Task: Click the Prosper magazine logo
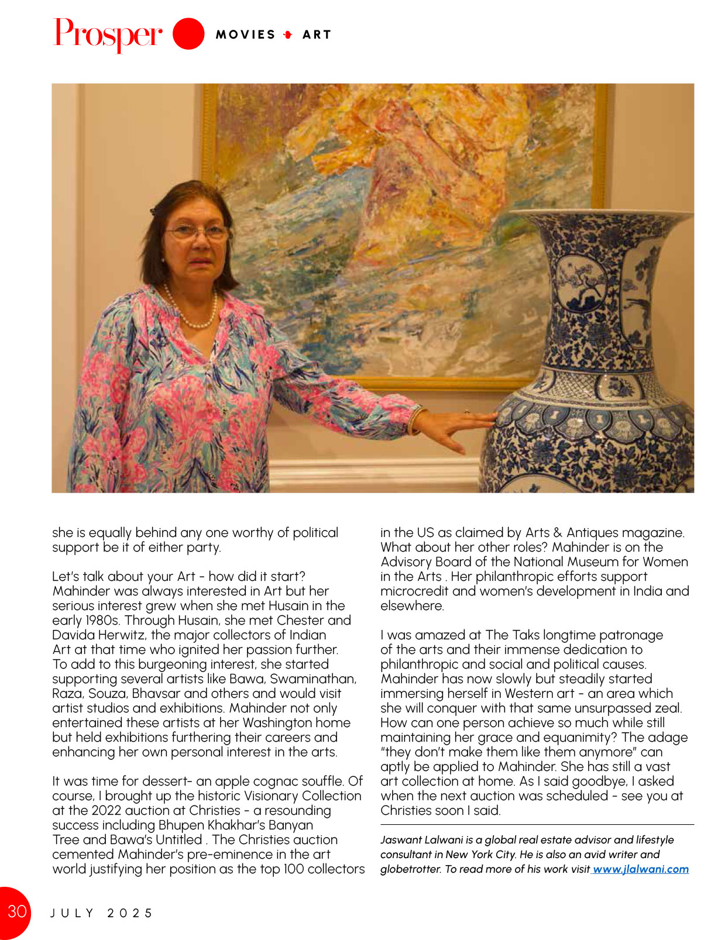pyautogui.click(x=108, y=34)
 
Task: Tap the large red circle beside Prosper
pyautogui.click(x=188, y=33)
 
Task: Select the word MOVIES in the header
pyautogui.click(x=246, y=35)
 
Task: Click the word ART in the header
pyautogui.click(x=317, y=35)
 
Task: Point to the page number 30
pyautogui.click(x=16, y=911)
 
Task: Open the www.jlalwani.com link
pyautogui.click(x=641, y=869)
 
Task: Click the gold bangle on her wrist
pyautogui.click(x=415, y=420)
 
